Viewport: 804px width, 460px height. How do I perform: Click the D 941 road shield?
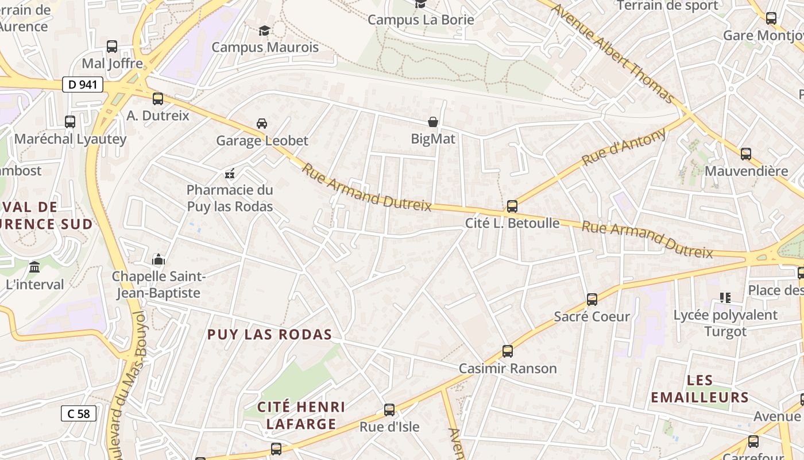click(82, 85)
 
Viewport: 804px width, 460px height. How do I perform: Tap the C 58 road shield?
click(78, 413)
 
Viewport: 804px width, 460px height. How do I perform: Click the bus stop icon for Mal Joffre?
click(112, 47)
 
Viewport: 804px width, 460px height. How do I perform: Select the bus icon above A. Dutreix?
click(158, 99)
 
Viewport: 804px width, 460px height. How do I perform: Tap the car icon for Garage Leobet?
click(262, 123)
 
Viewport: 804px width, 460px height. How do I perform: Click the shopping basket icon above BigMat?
click(433, 122)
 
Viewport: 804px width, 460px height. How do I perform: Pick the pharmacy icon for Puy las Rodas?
click(230, 172)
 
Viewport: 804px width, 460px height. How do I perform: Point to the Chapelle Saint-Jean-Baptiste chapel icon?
click(159, 259)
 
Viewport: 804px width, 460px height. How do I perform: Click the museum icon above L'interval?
click(34, 267)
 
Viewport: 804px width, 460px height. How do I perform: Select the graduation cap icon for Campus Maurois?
click(264, 30)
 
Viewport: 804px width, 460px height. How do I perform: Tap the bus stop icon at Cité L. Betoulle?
click(512, 206)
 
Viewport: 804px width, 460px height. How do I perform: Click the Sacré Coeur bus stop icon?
click(592, 300)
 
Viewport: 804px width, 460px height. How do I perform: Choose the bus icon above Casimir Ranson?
click(508, 351)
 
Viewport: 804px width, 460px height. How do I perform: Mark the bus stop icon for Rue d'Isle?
click(389, 410)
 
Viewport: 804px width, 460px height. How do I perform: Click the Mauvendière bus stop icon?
click(746, 154)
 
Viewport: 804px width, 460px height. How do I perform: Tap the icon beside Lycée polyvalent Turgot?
click(725, 298)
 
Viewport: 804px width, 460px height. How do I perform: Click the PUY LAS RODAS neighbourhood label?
click(269, 335)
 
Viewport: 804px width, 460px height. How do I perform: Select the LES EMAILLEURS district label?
click(699, 389)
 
